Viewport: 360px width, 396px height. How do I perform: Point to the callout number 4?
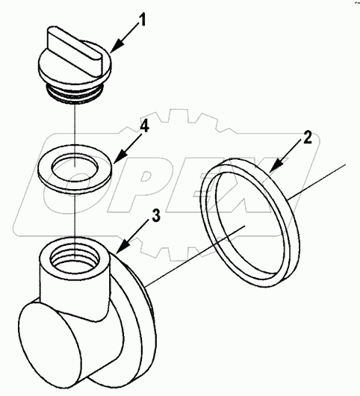tap(145, 128)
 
